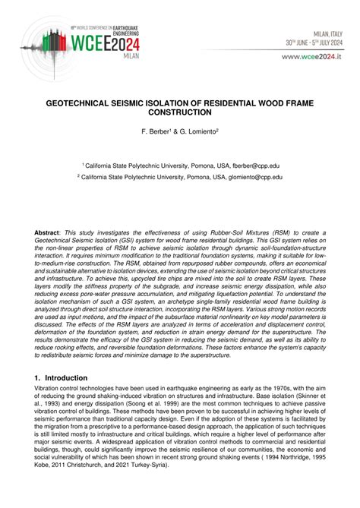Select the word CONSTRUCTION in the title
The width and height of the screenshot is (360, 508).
click(180, 112)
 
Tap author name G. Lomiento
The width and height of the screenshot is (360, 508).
click(199, 131)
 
